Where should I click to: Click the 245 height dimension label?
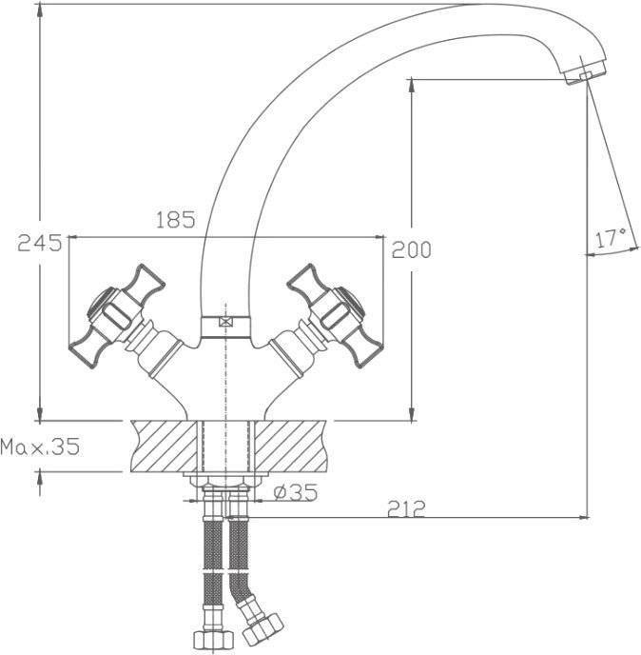point(40,243)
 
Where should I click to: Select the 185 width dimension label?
point(176,220)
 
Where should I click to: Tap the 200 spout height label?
point(411,249)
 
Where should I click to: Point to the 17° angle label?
point(611,238)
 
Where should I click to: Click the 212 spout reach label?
point(406,508)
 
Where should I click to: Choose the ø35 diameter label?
point(296,492)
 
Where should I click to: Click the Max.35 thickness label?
point(40,447)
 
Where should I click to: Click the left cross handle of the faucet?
point(117,316)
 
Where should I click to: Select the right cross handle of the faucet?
point(335,316)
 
